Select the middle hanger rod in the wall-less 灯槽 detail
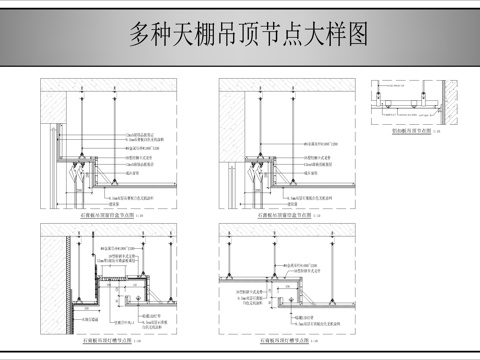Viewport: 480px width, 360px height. click(x=284, y=260)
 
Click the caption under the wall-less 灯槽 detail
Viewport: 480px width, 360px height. click(x=286, y=341)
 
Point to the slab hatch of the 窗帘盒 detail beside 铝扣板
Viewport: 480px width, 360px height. click(x=290, y=85)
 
